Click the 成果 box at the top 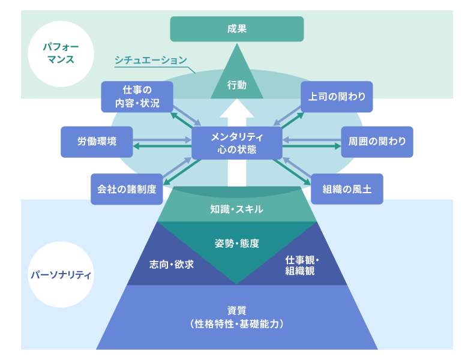coord(237,28)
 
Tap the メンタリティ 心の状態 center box coord(237,143)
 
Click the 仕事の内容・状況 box coord(137,97)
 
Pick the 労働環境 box coord(97,142)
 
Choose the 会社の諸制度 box coord(127,189)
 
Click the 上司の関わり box coord(337,97)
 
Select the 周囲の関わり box coord(377,142)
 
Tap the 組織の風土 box coord(347,189)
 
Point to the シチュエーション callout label coord(151,60)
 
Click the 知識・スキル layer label coord(237,209)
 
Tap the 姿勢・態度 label coord(237,243)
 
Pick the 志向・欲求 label coord(171,264)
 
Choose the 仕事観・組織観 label coord(303,265)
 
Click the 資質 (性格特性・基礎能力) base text coord(237,318)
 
